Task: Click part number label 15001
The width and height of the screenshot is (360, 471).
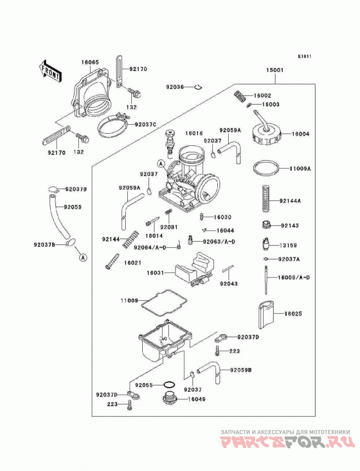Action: [274, 70]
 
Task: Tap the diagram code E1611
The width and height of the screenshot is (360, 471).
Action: [305, 56]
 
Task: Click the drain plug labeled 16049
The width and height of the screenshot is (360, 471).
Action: [170, 399]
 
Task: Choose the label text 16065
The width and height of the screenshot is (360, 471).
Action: [90, 63]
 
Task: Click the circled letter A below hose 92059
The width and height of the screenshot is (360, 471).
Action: [83, 257]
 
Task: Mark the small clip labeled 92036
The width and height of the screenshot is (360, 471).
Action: [198, 87]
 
